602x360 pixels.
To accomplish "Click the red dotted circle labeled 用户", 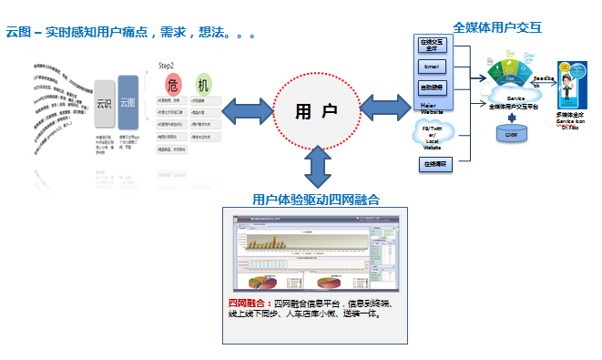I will coord(316,109).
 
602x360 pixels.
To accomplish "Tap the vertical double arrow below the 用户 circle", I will coord(317,165).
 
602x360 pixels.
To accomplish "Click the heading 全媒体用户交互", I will coord(497,27).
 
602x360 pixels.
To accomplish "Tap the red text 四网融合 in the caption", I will coord(248,303).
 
